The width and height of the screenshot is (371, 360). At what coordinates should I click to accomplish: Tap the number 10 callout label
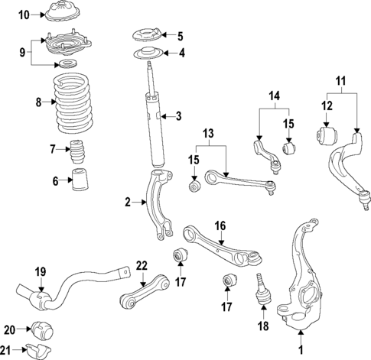[24, 15]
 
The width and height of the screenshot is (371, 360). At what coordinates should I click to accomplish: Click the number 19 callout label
[40, 271]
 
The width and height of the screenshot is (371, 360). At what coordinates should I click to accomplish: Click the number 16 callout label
[220, 225]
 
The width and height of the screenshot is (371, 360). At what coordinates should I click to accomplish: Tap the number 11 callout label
[342, 79]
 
